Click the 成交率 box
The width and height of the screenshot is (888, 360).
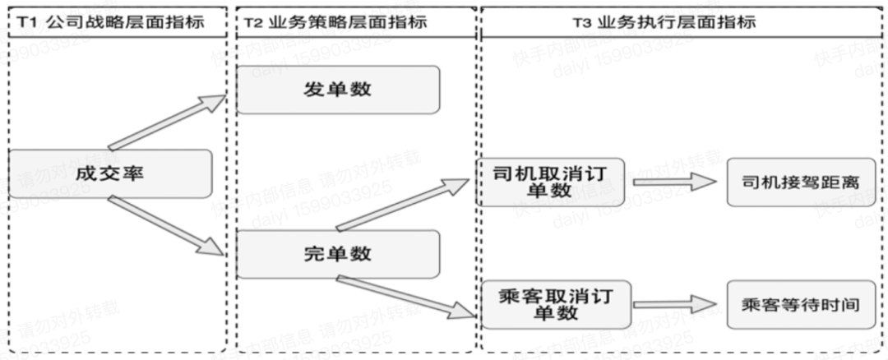click(111, 173)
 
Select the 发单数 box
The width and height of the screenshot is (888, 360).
click(338, 90)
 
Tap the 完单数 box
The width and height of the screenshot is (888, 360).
click(338, 254)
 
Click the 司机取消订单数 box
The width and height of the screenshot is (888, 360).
click(550, 182)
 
